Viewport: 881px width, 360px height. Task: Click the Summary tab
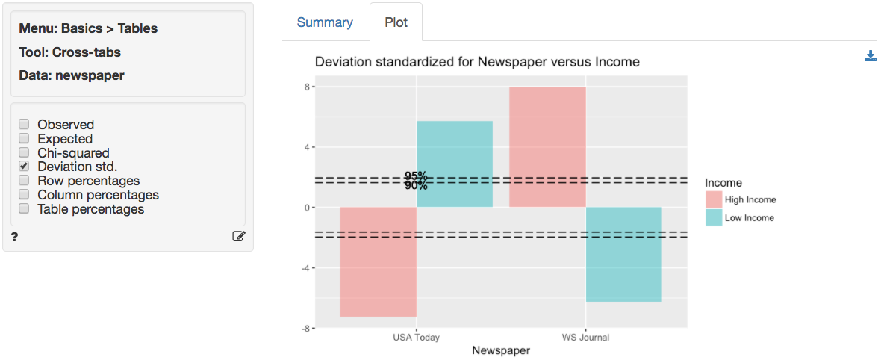(325, 22)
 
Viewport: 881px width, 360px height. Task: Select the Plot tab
(396, 22)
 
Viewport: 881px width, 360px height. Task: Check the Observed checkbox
(24, 125)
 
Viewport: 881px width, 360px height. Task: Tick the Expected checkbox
(24, 139)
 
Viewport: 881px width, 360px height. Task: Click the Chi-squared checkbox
(24, 153)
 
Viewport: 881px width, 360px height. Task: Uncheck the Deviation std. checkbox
(24, 167)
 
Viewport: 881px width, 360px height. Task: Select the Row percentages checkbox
(24, 181)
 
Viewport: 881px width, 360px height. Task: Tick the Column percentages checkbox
(24, 195)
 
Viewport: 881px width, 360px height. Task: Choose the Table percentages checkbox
(24, 209)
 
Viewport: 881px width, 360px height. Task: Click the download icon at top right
(870, 56)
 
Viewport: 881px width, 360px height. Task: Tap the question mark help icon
(15, 237)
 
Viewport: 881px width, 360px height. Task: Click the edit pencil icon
(239, 237)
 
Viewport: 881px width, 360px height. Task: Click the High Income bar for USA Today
(378, 261)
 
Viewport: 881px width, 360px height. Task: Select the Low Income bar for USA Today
(455, 164)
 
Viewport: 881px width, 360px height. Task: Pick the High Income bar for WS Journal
(547, 147)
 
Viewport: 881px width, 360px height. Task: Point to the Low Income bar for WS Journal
(624, 254)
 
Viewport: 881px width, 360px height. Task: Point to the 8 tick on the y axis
(307, 87)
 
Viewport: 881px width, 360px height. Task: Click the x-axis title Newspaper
(501, 350)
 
